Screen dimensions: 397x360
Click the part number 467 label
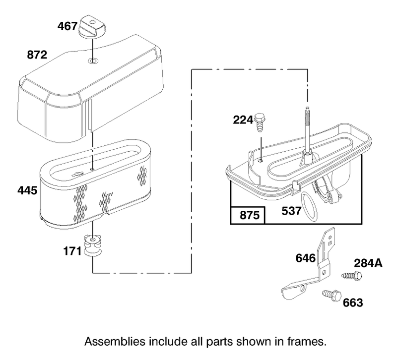point(67,26)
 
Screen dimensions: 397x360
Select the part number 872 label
point(37,55)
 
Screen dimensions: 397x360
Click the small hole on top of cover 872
point(93,60)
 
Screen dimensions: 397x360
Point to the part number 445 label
point(27,190)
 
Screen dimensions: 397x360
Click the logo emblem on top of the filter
point(77,174)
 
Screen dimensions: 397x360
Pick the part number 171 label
point(72,251)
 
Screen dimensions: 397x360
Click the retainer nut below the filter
point(93,245)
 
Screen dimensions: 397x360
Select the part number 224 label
point(243,120)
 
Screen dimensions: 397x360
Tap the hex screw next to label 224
point(259,122)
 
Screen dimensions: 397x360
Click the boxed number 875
point(250,215)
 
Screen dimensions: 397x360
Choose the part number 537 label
point(291,211)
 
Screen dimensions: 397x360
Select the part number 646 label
point(306,258)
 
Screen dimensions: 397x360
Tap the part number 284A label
point(368,263)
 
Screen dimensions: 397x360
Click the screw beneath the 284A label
point(352,275)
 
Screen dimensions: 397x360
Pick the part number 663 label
point(353,302)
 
